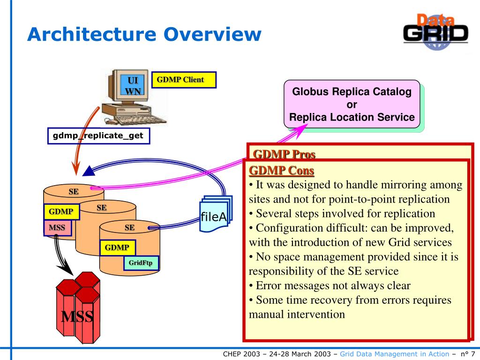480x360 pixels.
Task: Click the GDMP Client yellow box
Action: [x=184, y=80]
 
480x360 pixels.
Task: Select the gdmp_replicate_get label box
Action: [x=98, y=136]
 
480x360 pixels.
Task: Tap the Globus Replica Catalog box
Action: [x=352, y=105]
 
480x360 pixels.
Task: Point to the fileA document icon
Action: [x=215, y=215]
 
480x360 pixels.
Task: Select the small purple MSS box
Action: [x=58, y=228]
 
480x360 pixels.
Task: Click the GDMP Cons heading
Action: [x=282, y=170]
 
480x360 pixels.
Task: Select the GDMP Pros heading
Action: [x=284, y=154]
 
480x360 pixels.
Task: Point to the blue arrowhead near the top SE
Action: [x=89, y=172]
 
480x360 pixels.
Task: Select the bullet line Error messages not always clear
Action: [x=330, y=285]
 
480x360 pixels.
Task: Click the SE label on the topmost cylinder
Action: [x=74, y=192]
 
